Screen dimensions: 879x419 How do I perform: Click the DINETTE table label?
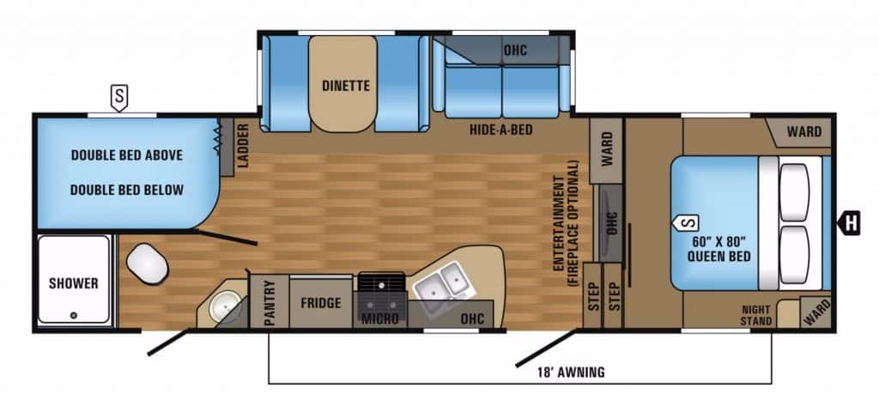click(346, 86)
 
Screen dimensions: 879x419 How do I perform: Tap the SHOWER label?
click(74, 283)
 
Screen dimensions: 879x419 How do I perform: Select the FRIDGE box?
click(321, 303)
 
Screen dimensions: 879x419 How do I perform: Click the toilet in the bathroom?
click(147, 263)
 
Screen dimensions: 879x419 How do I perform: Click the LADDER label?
click(243, 146)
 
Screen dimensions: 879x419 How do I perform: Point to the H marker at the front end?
click(849, 224)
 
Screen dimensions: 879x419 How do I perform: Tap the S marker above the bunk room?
click(118, 98)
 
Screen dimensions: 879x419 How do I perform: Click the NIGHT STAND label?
click(756, 315)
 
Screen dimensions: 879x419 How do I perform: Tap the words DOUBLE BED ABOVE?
click(127, 155)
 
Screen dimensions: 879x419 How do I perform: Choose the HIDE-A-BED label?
click(500, 131)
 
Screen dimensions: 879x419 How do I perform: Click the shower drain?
click(74, 316)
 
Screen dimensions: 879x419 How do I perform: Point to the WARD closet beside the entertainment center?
click(606, 150)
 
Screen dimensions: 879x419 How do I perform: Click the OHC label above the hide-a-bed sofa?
click(515, 51)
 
